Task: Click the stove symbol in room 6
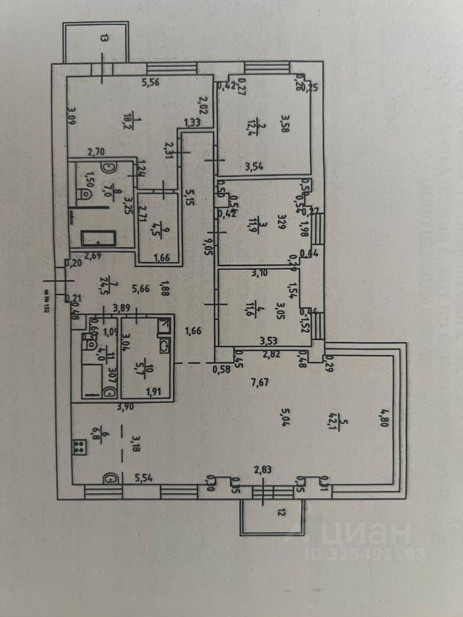point(80,446)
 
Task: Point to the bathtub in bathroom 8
point(98,239)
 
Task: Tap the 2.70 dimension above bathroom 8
point(95,152)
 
